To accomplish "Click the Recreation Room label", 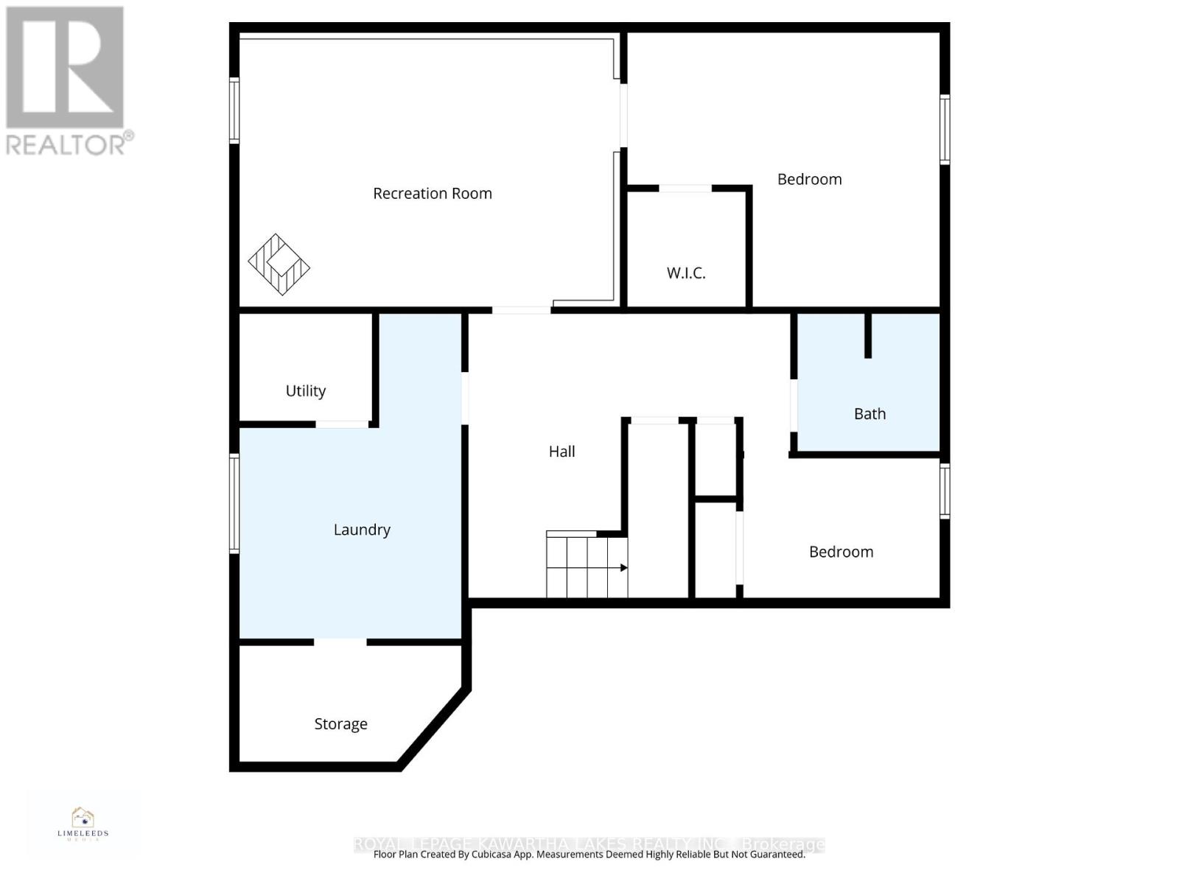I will pyautogui.click(x=432, y=194).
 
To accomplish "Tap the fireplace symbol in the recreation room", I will pyautogui.click(x=279, y=264).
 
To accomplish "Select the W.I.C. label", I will pyautogui.click(x=686, y=273).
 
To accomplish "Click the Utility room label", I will pyautogui.click(x=306, y=391).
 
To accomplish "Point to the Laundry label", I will pyautogui.click(x=362, y=530).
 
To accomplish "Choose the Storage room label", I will pyautogui.click(x=340, y=724).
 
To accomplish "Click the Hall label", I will pyautogui.click(x=561, y=452).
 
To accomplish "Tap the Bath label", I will pyautogui.click(x=870, y=414).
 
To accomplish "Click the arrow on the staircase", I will pyautogui.click(x=623, y=568).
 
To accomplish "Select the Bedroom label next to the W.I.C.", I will pyautogui.click(x=809, y=180).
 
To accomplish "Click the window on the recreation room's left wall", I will pyautogui.click(x=234, y=110).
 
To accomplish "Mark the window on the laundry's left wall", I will pyautogui.click(x=234, y=504).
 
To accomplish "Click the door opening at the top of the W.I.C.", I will pyautogui.click(x=685, y=189).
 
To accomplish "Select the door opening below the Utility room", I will pyautogui.click(x=343, y=424).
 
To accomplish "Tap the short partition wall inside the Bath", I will pyautogui.click(x=868, y=336).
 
